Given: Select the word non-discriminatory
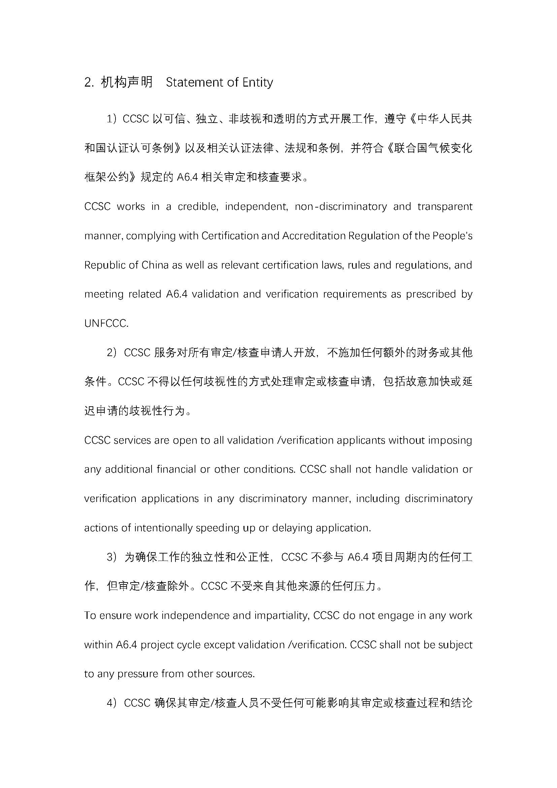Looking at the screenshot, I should pos(340,207).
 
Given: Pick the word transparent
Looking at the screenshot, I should pos(445,207).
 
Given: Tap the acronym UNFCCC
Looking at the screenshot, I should pos(106,323).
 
